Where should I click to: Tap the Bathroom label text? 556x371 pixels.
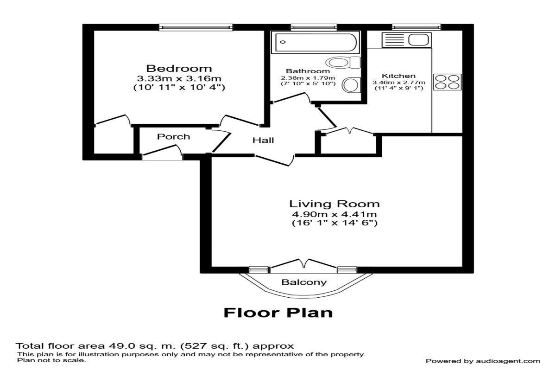click(x=301, y=71)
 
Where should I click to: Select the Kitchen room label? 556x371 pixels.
click(x=398, y=76)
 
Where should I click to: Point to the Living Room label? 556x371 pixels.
click(x=335, y=204)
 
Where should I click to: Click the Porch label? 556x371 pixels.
click(x=173, y=136)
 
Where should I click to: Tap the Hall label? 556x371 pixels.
click(x=263, y=140)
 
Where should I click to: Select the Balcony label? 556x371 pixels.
click(x=304, y=282)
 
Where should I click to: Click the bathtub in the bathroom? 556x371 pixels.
click(x=316, y=43)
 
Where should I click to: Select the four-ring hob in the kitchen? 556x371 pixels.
click(x=447, y=82)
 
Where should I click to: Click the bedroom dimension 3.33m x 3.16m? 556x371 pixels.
click(x=179, y=78)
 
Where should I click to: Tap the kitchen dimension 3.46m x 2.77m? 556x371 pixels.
click(x=398, y=82)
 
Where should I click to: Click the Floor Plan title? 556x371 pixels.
click(x=278, y=313)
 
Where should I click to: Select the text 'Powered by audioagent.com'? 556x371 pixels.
click(x=483, y=361)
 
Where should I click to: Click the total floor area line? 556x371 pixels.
click(x=155, y=346)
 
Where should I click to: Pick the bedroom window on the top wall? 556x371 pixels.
click(x=196, y=27)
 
